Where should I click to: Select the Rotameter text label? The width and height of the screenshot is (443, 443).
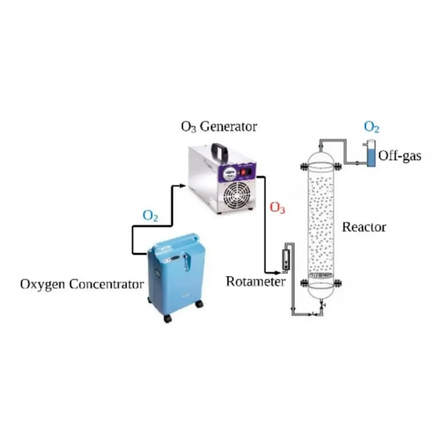coord(255,282)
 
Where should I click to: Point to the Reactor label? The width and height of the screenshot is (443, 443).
coord(364,227)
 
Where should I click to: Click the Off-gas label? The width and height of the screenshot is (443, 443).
coord(399,156)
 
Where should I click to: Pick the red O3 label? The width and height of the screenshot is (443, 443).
coord(277,208)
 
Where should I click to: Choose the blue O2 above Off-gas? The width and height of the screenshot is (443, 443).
coord(372,127)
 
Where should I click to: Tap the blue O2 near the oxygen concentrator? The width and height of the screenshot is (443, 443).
coord(150,216)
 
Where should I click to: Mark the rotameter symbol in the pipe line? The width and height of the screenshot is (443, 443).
coord(286,260)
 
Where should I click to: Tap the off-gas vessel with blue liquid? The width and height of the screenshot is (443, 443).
coord(371,154)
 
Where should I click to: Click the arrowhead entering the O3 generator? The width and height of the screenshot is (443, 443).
coord(182,186)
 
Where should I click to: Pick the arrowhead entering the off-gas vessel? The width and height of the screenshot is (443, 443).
coord(359,163)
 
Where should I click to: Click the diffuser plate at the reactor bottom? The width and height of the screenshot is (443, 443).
coord(321,276)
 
